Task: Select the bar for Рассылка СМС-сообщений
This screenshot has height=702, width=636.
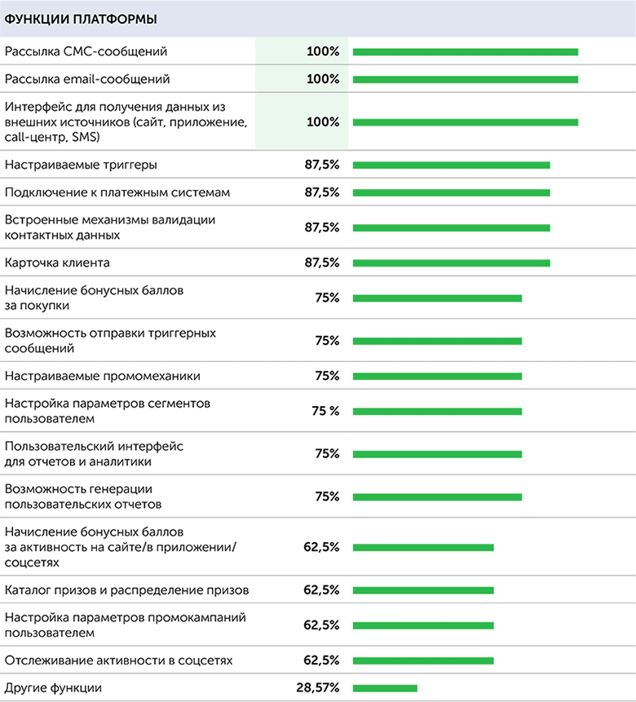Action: [x=465, y=52]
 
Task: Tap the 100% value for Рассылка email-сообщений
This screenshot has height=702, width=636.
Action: [x=323, y=79]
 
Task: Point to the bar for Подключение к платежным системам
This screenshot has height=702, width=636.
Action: [x=451, y=193]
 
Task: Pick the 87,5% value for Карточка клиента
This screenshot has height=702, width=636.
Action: [x=321, y=263]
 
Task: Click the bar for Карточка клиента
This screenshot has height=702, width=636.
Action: [x=451, y=263]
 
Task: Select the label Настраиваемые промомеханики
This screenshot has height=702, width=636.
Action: [x=102, y=376]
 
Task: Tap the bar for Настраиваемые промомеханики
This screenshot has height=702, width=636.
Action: [x=437, y=376]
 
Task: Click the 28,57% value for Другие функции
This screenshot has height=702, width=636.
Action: [x=318, y=688]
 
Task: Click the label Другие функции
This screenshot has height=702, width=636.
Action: [x=53, y=688]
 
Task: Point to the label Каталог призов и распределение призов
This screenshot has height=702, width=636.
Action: [x=126, y=589]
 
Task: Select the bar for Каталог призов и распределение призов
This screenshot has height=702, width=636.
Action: [x=423, y=590]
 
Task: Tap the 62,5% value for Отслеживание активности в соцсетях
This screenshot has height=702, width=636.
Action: [x=321, y=660]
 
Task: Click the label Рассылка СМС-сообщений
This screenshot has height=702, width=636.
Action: [x=86, y=51]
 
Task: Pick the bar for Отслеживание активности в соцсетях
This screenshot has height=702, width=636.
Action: [x=423, y=660]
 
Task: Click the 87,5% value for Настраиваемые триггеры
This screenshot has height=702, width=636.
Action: [x=321, y=165]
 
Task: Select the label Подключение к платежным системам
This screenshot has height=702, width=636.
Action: [x=117, y=192]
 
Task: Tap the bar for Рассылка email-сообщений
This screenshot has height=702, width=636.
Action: [x=465, y=80]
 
